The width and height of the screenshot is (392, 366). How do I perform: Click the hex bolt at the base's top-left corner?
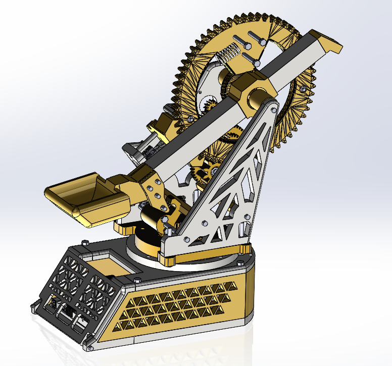click(x=85, y=243)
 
